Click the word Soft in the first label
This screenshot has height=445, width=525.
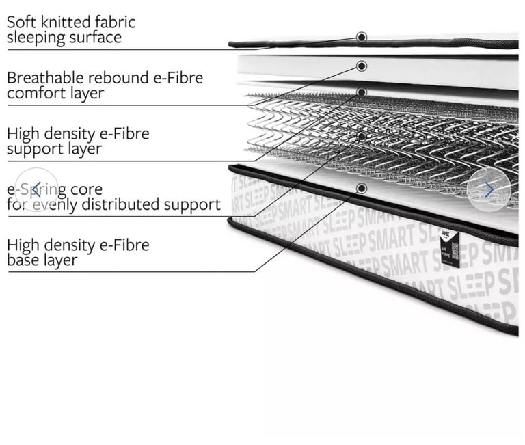click(x=21, y=22)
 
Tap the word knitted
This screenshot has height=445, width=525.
click(x=63, y=22)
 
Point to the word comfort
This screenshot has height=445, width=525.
click(x=33, y=93)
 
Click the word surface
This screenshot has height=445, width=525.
click(x=96, y=37)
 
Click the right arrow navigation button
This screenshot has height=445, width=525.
click(x=489, y=189)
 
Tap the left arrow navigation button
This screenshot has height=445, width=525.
click(x=36, y=189)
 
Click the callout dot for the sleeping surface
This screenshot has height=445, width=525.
click(x=362, y=37)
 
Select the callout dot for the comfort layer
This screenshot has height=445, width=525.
click(x=362, y=66)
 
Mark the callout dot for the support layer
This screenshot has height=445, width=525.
click(x=362, y=92)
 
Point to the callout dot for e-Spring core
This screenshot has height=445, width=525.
click(x=362, y=137)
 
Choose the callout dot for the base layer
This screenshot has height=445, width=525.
click(x=362, y=188)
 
